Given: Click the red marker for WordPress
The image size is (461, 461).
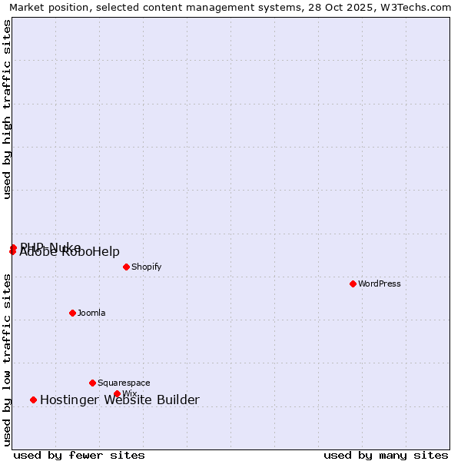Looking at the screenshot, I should (x=353, y=284).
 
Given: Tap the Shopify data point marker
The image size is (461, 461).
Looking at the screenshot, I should (x=127, y=267).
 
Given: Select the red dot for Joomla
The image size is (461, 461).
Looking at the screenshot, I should (x=73, y=313).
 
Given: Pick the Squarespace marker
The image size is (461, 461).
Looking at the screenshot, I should (x=93, y=383).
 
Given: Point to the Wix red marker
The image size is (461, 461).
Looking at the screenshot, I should (x=117, y=394).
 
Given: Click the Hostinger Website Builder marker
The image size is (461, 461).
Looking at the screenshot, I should (x=33, y=400).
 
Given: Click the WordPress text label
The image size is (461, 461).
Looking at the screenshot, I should (x=380, y=284).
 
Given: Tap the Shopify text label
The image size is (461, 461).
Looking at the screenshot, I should (x=146, y=267).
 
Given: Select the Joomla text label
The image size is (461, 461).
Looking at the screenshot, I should (x=91, y=313).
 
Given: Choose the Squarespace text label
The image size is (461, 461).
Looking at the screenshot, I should (x=124, y=383).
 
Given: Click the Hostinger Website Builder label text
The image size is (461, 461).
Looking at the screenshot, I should (x=120, y=400).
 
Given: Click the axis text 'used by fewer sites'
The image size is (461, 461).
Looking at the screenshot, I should (x=79, y=455).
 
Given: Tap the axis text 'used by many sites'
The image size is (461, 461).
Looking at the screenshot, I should (x=386, y=455).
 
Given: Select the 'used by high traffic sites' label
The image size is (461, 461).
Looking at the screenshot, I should (x=7, y=109).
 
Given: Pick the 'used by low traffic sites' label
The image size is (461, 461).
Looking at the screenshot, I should (x=7, y=360).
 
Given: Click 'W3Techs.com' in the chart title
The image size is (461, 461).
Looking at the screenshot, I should (x=416, y=7).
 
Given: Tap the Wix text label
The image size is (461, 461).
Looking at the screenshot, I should (x=129, y=394).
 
